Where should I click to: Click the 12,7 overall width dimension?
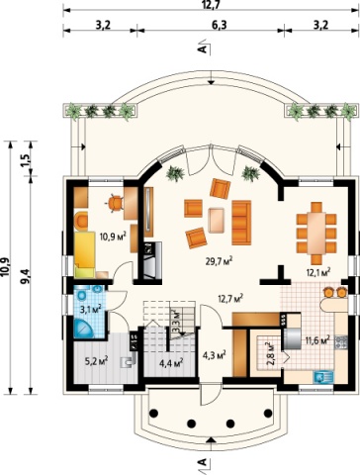pyautogui.click(x=211, y=4)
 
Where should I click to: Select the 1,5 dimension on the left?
pyautogui.click(x=27, y=159)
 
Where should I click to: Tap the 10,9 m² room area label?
pyautogui.click(x=113, y=237)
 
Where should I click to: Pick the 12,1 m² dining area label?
pyautogui.click(x=318, y=272)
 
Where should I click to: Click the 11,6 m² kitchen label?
pyautogui.click(x=317, y=340)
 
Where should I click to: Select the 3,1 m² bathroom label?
pyautogui.click(x=90, y=310)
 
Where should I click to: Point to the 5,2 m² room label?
pyautogui.click(x=97, y=361)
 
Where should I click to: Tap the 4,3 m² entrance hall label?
pyautogui.click(x=214, y=356)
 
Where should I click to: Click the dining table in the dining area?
pyautogui.click(x=316, y=234)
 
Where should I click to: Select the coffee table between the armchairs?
pyautogui.click(x=217, y=220)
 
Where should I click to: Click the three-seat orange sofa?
pyautogui.click(x=241, y=223)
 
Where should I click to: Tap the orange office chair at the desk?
pyautogui.click(x=115, y=203)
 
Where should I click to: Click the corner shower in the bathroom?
pyautogui.click(x=84, y=329)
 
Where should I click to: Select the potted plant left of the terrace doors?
pyautogui.click(x=175, y=173)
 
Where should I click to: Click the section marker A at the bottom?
pyautogui.click(x=204, y=462)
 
